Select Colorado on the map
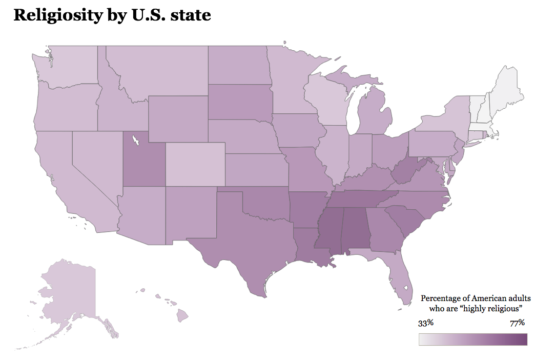pyautogui.click(x=195, y=163)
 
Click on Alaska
pyautogui.click(x=69, y=292)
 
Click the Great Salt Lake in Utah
pyautogui.click(x=136, y=139)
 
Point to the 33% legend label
pyautogui.click(x=426, y=323)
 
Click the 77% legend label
pyautogui.click(x=518, y=323)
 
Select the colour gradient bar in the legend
pyautogui.click(x=472, y=339)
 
